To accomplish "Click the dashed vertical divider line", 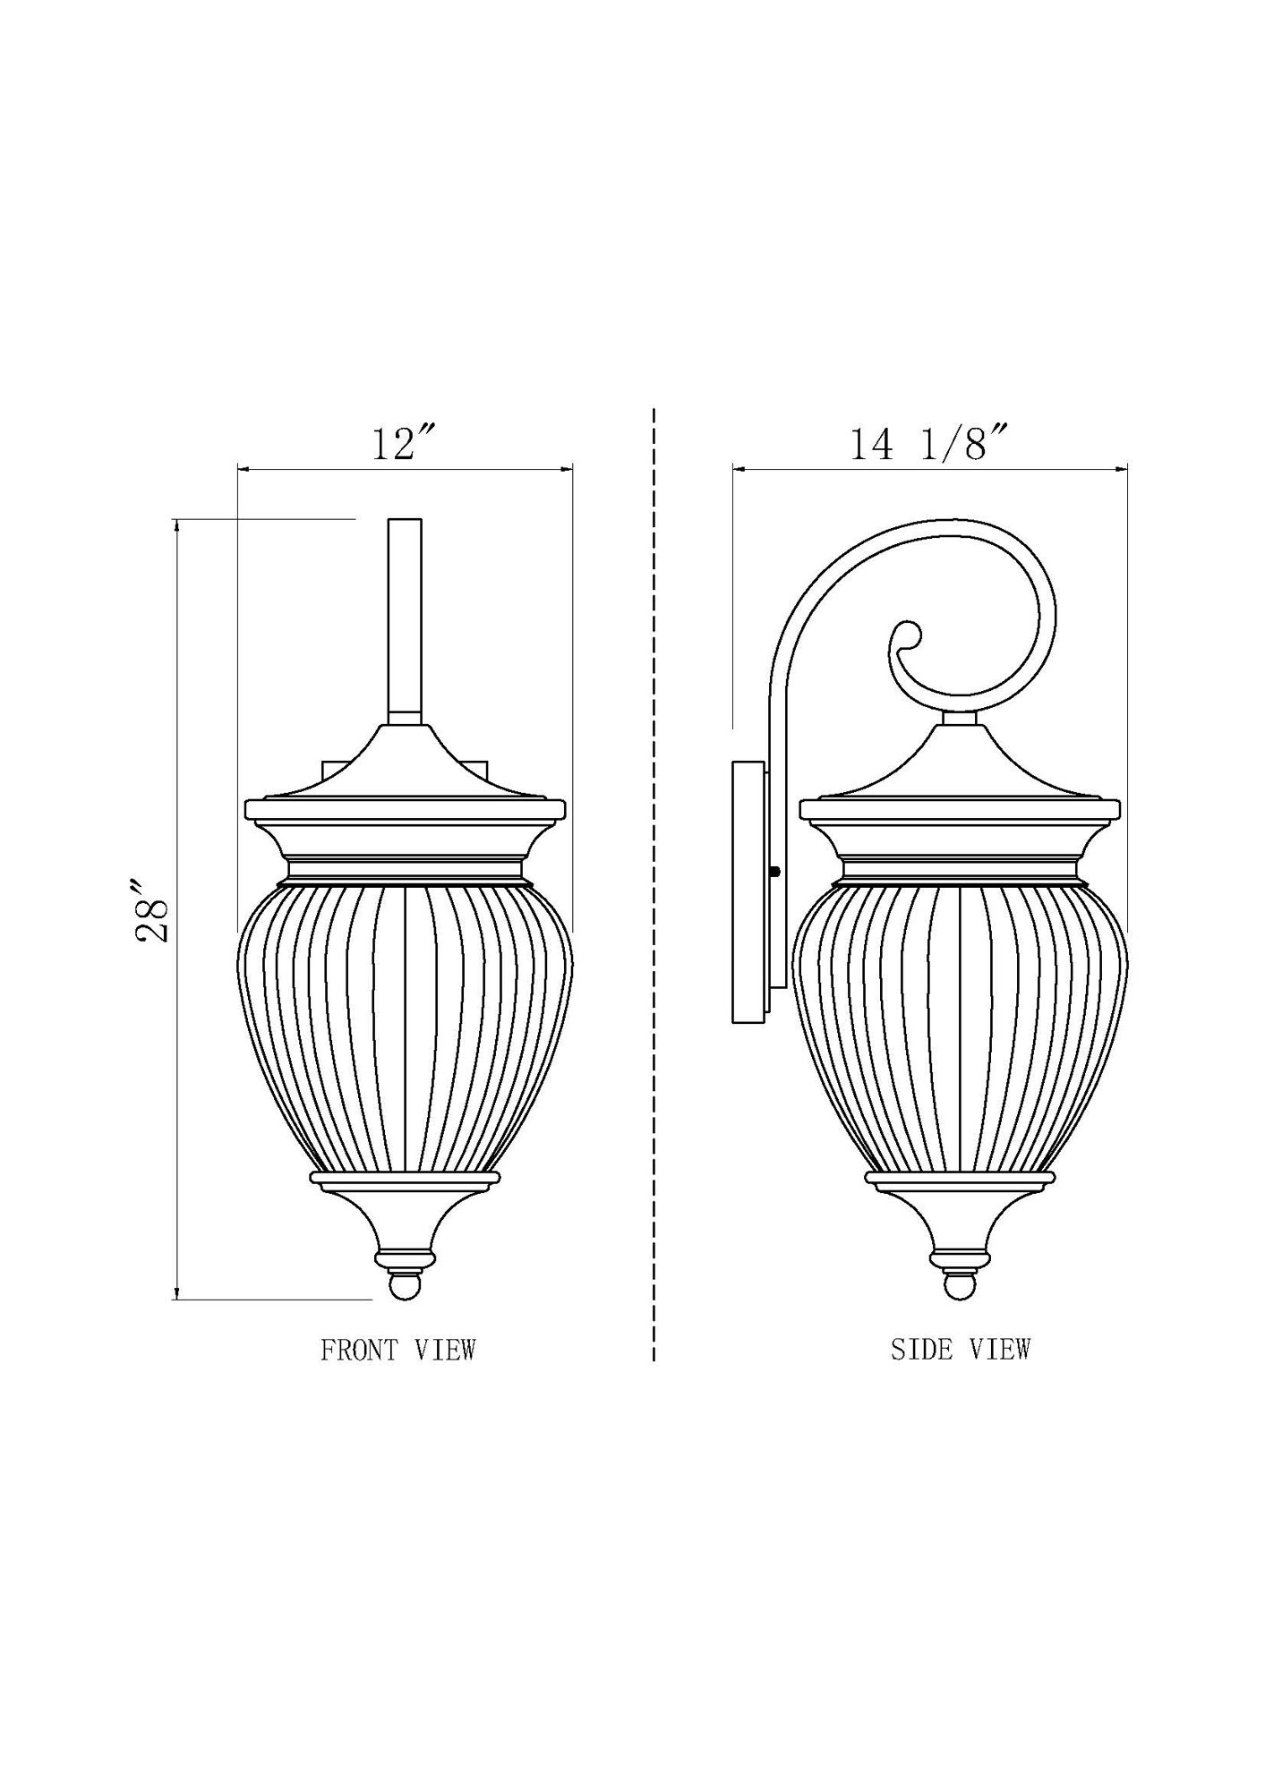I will [654, 895].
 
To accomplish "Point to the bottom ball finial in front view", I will [405, 1287].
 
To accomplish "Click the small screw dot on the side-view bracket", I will [775, 871].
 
